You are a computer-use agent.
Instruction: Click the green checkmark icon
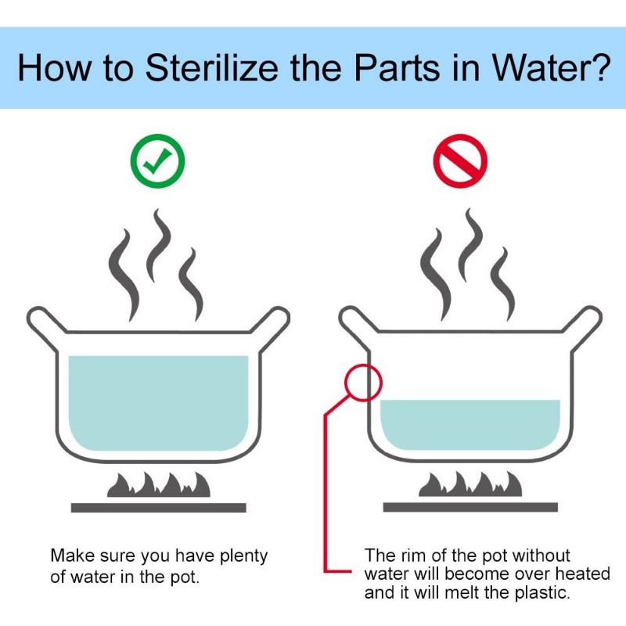pyautogui.click(x=157, y=161)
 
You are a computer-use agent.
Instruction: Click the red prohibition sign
pyautogui.click(x=460, y=161)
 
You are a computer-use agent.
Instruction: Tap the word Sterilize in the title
pyautogui.click(x=211, y=67)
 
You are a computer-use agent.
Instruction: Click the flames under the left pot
pyautogui.click(x=159, y=484)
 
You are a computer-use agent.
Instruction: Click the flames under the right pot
pyautogui.click(x=470, y=484)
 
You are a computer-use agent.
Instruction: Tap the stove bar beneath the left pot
pyautogui.click(x=159, y=507)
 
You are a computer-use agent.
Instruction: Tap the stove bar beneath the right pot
pyautogui.click(x=470, y=507)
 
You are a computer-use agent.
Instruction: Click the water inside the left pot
pyautogui.click(x=159, y=403)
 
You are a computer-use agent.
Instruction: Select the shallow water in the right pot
pyautogui.click(x=470, y=425)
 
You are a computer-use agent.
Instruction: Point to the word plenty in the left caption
pyautogui.click(x=244, y=556)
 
